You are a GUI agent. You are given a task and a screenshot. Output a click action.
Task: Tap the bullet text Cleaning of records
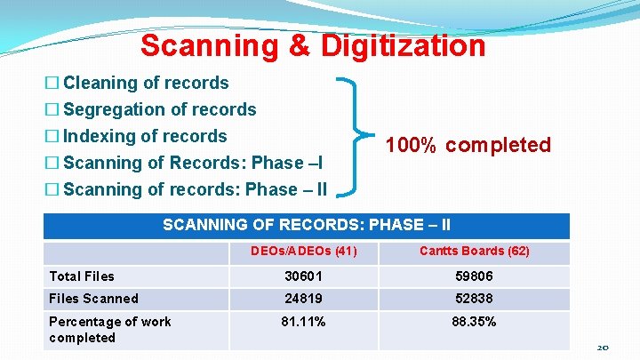pyautogui.click(x=147, y=83)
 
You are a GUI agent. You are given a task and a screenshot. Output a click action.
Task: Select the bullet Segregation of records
pyautogui.click(x=160, y=109)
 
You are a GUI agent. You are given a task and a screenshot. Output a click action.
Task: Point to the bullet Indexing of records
pyautogui.click(x=146, y=136)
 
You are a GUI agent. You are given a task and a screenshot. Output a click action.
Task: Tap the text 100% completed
pyautogui.click(x=468, y=145)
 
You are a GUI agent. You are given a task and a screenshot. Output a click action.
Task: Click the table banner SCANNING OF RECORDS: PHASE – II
pyautogui.click(x=307, y=226)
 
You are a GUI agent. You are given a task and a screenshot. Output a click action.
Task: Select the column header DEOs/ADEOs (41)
pyautogui.click(x=303, y=252)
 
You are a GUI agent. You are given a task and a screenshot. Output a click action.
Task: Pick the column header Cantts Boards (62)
pyautogui.click(x=474, y=252)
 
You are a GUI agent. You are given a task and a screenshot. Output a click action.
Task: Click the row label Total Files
pyautogui.click(x=82, y=276)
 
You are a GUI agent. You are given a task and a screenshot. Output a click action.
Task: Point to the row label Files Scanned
pyautogui.click(x=93, y=299)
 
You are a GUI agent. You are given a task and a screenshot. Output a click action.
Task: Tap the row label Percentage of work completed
pyautogui.click(x=109, y=330)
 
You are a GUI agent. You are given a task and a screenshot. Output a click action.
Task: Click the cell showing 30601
pyautogui.click(x=303, y=276)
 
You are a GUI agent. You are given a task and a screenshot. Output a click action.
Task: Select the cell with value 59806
pyautogui.click(x=474, y=276)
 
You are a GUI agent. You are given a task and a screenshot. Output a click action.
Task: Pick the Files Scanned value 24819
pyautogui.click(x=303, y=299)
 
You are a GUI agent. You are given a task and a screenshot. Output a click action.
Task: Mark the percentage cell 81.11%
pyautogui.click(x=303, y=322)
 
